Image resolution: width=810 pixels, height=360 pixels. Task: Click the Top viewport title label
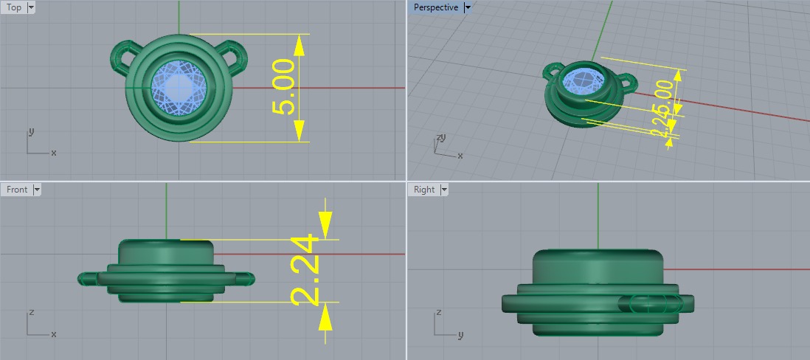[13, 7]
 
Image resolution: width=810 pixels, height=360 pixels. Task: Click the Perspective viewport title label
[435, 7]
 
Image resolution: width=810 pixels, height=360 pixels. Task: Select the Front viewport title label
[16, 190]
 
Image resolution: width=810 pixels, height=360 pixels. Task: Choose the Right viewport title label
[424, 190]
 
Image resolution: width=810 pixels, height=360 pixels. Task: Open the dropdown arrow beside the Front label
[37, 190]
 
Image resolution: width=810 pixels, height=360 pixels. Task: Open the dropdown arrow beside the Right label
[444, 190]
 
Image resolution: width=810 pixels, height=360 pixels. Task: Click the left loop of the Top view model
[125, 57]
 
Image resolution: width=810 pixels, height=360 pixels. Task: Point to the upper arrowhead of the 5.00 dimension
[300, 45]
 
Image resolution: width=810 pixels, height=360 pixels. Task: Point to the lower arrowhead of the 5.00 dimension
[300, 131]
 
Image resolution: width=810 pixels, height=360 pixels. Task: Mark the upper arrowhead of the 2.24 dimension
[325, 221]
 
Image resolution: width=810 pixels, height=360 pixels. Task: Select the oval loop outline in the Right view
[647, 302]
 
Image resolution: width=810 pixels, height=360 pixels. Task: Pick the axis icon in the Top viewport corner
[38, 144]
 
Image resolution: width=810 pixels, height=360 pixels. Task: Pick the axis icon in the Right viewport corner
[446, 324]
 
